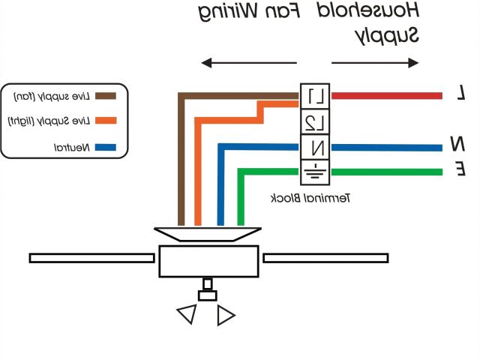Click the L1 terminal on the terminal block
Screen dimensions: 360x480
coord(316,96)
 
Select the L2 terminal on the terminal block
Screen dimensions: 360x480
coord(316,121)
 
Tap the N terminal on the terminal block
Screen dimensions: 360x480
coord(316,147)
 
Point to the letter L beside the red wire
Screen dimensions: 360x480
coord(462,94)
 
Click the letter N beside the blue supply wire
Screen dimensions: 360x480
coord(457,143)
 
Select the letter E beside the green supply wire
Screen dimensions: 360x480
coord(460,170)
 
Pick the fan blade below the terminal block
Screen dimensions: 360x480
coord(325,258)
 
